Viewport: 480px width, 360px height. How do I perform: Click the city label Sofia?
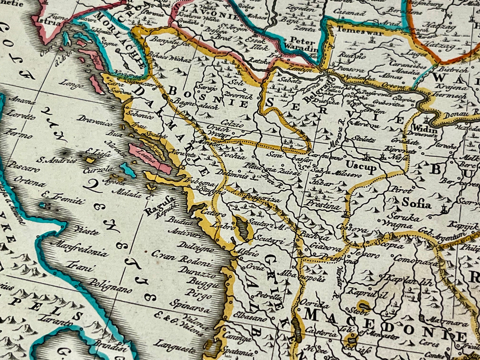(x=416, y=202)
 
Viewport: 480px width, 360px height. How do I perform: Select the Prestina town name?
(x=323, y=204)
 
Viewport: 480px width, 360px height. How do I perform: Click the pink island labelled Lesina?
(x=149, y=157)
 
